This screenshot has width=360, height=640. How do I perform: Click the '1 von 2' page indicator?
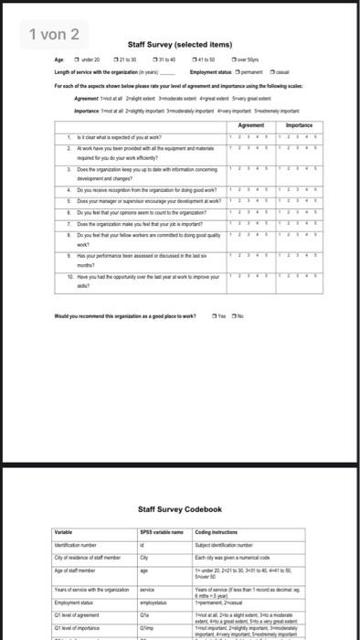tap(54, 35)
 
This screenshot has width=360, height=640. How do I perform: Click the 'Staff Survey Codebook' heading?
tap(180, 508)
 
